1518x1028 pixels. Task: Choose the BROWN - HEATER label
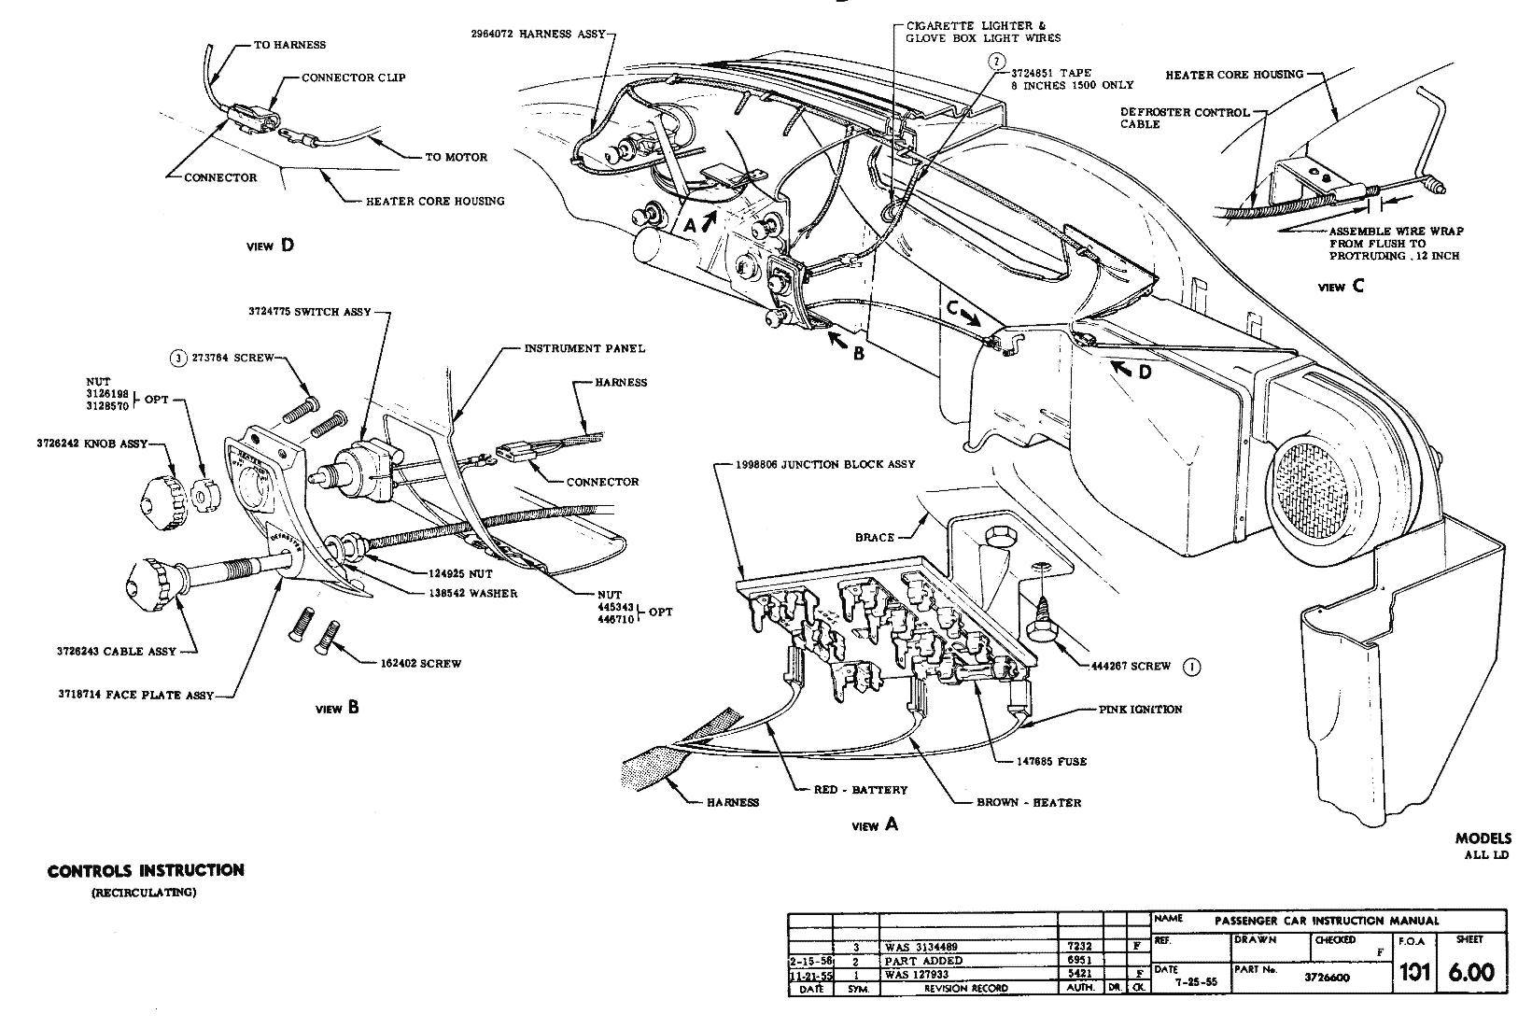[x=1029, y=802]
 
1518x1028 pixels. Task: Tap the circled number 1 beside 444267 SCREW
[x=1191, y=667]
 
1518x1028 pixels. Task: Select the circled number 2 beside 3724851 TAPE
[x=998, y=62]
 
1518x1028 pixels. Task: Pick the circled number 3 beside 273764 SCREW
[x=176, y=357]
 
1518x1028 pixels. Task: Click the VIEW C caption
[x=1340, y=287]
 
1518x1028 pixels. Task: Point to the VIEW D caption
[x=270, y=246]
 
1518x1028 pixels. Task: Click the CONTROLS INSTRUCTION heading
[x=146, y=870]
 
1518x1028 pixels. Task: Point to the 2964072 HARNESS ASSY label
[x=539, y=34]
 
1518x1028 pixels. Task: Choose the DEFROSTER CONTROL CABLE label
[x=1185, y=118]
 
